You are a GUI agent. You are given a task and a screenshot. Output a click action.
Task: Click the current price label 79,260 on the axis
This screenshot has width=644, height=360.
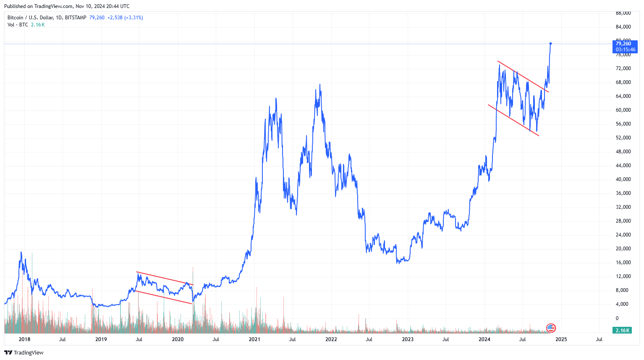pyautogui.click(x=623, y=44)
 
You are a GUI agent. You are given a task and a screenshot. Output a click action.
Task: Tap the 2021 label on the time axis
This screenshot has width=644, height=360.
pyautogui.click(x=254, y=339)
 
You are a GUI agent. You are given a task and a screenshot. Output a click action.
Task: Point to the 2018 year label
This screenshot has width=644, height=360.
pyautogui.click(x=24, y=339)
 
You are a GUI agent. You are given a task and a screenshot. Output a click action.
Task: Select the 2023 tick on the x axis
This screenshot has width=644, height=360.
pyautogui.click(x=408, y=339)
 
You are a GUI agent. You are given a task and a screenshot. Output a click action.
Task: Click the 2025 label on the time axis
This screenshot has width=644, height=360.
pyautogui.click(x=561, y=339)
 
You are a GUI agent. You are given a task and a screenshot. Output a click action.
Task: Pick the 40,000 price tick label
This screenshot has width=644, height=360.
pyautogui.click(x=623, y=179)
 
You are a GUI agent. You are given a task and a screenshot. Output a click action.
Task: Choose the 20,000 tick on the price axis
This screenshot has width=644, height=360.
pyautogui.click(x=623, y=249)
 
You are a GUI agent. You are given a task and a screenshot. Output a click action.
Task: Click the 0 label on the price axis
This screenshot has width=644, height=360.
pyautogui.click(x=617, y=318)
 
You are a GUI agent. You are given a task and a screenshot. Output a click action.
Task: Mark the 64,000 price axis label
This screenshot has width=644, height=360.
pyautogui.click(x=623, y=96)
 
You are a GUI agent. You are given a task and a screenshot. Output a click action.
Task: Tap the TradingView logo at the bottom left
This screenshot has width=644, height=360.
pyautogui.click(x=24, y=352)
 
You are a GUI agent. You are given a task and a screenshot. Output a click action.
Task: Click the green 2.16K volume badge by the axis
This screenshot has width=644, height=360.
pyautogui.click(x=622, y=331)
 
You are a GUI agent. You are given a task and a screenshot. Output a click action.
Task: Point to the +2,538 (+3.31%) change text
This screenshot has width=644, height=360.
pyautogui.click(x=125, y=18)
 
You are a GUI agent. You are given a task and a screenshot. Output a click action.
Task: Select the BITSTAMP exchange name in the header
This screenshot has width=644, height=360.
pyautogui.click(x=76, y=18)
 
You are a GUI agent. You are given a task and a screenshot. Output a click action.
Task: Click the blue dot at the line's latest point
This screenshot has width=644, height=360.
pyautogui.click(x=550, y=44)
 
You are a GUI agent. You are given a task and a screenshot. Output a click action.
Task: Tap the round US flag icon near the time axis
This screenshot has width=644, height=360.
pyautogui.click(x=551, y=328)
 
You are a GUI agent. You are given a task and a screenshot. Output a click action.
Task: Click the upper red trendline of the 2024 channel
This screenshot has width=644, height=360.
pyautogui.click(x=523, y=76)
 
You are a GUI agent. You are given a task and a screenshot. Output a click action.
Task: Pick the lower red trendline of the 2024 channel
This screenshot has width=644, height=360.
pyautogui.click(x=513, y=120)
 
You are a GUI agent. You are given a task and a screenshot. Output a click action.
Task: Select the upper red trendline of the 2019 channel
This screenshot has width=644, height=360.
pyautogui.click(x=165, y=279)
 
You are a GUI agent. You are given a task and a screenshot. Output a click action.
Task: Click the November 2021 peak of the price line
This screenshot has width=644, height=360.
pyautogui.click(x=320, y=84)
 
